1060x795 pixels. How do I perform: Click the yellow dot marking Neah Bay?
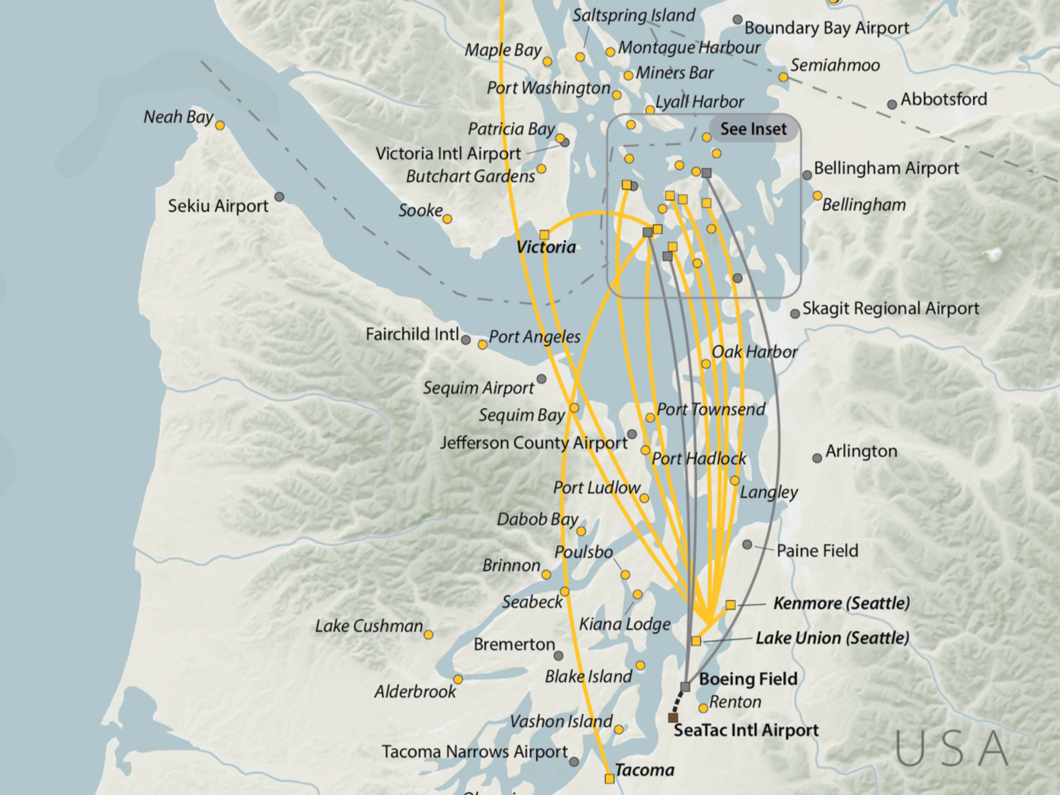(x=220, y=125)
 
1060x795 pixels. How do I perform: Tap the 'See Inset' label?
(x=753, y=129)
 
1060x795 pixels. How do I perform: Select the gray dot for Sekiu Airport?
(x=279, y=196)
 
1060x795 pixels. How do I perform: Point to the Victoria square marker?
(x=544, y=235)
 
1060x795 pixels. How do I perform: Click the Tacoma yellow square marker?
(x=609, y=778)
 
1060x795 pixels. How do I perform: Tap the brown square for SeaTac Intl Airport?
(x=673, y=718)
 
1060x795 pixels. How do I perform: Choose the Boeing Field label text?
(x=748, y=679)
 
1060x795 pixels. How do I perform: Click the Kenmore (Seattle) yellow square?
(x=730, y=605)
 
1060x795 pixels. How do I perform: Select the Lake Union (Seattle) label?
(x=832, y=638)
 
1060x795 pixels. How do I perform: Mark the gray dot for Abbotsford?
(x=892, y=104)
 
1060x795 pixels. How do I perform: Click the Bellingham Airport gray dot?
(x=807, y=175)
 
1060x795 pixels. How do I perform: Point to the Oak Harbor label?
(x=754, y=352)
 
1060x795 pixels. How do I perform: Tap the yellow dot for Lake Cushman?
(x=428, y=635)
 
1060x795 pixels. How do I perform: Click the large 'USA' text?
(x=952, y=749)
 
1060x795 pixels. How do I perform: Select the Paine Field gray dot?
(x=747, y=544)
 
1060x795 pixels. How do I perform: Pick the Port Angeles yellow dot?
(x=482, y=345)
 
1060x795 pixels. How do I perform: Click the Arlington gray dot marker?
(x=817, y=458)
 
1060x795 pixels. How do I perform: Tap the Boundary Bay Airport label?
(x=826, y=28)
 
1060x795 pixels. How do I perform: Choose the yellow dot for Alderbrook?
(x=458, y=679)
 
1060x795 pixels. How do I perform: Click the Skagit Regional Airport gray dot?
(x=795, y=314)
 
